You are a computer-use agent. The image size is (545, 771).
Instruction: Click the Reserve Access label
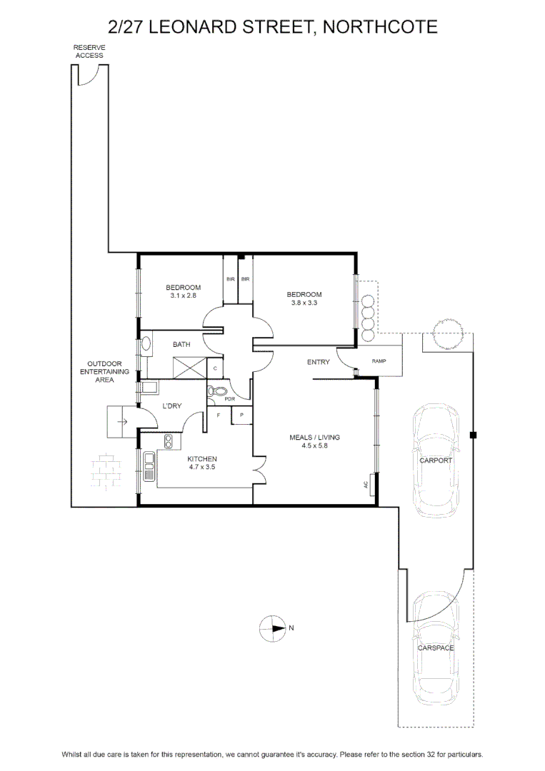89,51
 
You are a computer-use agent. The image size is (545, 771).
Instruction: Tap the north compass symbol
273,628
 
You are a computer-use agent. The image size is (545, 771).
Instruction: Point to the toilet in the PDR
216,392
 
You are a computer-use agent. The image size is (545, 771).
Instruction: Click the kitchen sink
149,466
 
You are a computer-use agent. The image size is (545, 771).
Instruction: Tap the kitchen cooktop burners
169,441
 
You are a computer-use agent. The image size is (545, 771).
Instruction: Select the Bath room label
181,344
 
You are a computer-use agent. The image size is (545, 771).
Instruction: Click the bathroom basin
146,344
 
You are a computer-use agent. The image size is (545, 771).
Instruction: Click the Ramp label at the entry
379,361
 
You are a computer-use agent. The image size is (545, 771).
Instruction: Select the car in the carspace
435,648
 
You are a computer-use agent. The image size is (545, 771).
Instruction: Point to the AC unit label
366,484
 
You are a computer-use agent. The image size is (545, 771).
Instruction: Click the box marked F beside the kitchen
219,415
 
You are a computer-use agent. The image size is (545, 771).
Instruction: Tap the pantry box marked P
241,415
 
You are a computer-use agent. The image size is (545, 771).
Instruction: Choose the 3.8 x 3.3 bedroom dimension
304,303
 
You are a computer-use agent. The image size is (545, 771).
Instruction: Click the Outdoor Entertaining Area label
104,372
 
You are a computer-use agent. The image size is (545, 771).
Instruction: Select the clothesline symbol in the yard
106,472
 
